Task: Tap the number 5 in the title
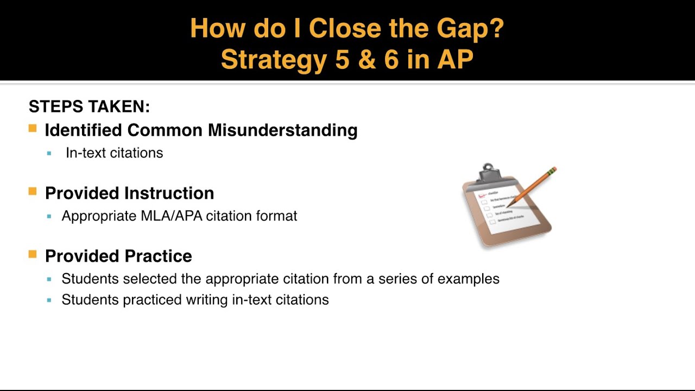coord(342,60)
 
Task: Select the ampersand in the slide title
coord(367,60)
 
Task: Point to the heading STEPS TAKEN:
coord(89,106)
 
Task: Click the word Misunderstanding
coord(282,130)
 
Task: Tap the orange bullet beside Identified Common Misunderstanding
coord(33,129)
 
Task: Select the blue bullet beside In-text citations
coord(49,154)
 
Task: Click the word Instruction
coord(169,193)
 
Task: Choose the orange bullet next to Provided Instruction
coord(33,192)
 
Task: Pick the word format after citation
coord(276,216)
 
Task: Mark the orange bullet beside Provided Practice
coord(33,255)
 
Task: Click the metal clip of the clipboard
coord(488,172)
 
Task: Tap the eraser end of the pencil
coord(553,171)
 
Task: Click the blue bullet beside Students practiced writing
coord(49,300)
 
